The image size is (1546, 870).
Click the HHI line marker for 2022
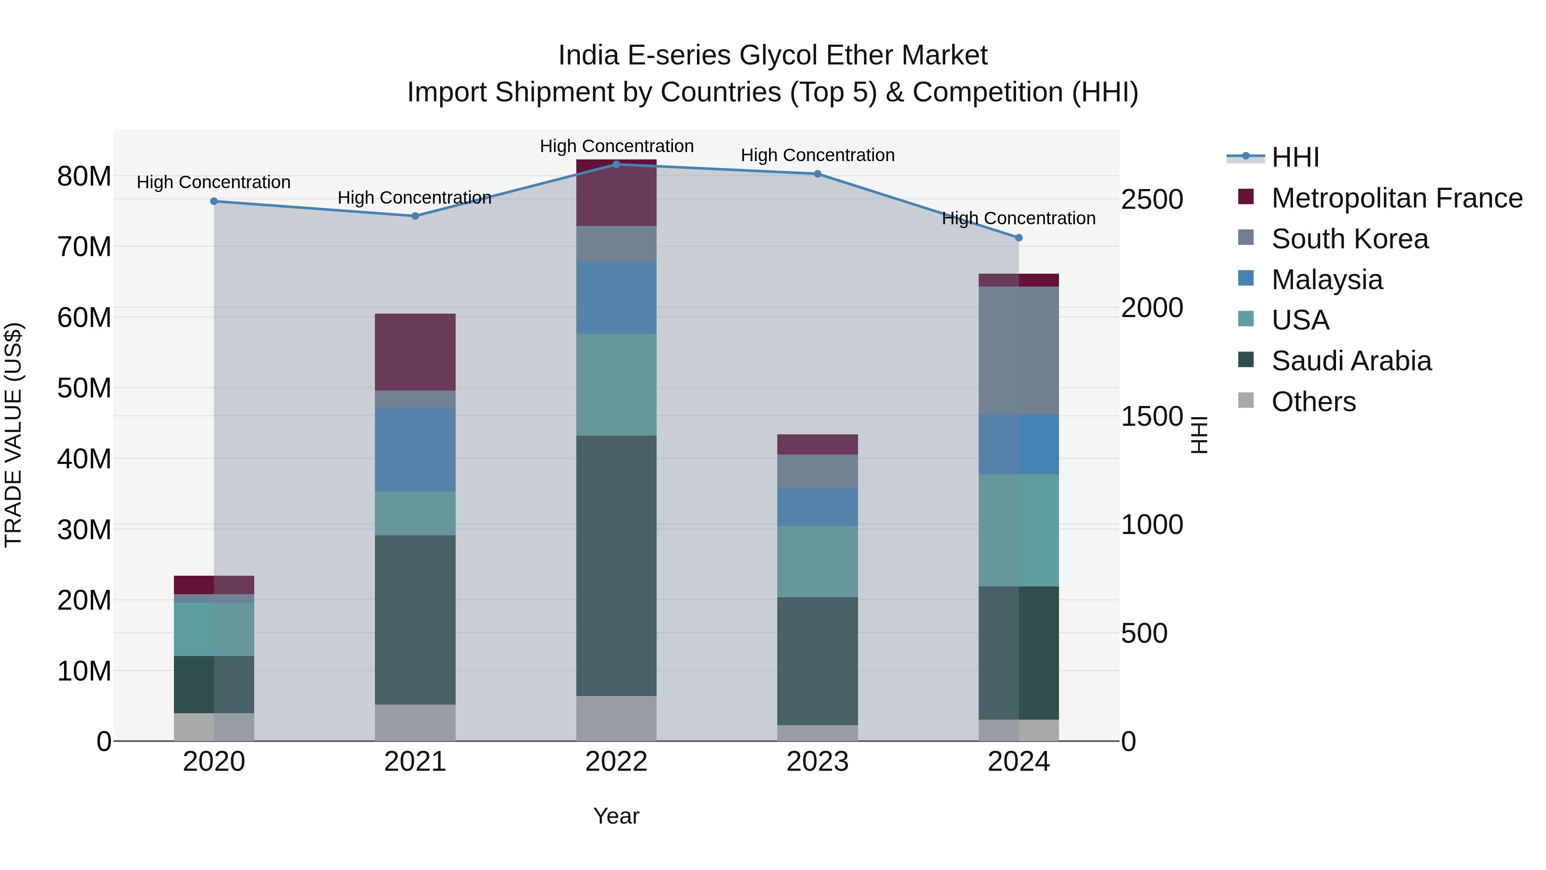(616, 164)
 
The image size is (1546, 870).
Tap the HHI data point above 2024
(1019, 238)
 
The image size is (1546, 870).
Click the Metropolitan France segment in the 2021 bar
(415, 352)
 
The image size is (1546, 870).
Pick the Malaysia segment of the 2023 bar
(817, 507)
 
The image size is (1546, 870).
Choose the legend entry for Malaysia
(1327, 280)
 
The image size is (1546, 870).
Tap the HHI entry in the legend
(1295, 157)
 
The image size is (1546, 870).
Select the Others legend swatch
(1246, 400)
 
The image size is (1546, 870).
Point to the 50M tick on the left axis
(84, 388)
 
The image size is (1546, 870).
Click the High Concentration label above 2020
(214, 182)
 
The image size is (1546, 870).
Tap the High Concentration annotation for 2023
(817, 155)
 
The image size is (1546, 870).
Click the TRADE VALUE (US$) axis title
(13, 435)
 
